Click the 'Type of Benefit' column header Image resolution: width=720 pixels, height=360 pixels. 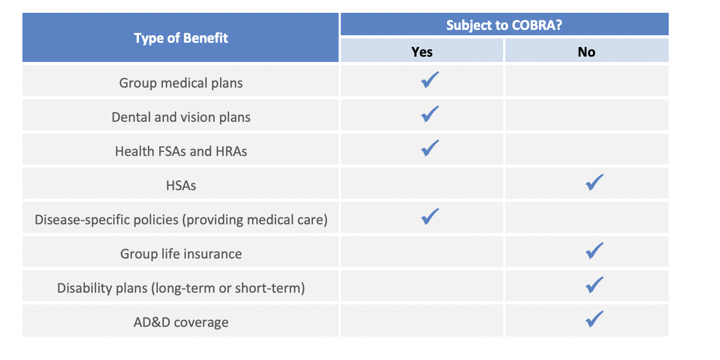[x=181, y=38]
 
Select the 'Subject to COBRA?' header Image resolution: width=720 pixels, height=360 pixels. [x=504, y=25]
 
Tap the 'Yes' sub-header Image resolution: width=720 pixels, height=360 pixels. [x=422, y=52]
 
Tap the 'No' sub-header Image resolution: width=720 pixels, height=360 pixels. [x=586, y=52]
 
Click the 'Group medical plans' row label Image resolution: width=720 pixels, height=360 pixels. [x=181, y=83]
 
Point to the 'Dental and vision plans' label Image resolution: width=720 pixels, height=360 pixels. [x=181, y=117]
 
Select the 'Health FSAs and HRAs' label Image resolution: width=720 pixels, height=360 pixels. [x=181, y=151]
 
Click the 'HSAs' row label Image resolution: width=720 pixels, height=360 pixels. [x=181, y=185]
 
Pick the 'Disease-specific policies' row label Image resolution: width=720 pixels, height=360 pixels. [x=181, y=220]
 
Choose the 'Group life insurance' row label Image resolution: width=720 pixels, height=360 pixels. [x=181, y=254]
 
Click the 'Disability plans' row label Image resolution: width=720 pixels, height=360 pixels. [x=181, y=288]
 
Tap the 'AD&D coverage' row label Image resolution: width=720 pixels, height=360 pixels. [x=181, y=322]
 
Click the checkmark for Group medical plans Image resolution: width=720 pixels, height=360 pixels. [x=429, y=80]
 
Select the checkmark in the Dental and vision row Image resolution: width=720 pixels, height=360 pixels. [x=429, y=114]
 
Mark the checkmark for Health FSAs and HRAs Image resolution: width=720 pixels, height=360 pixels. [x=429, y=148]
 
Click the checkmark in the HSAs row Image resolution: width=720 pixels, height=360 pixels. [x=594, y=183]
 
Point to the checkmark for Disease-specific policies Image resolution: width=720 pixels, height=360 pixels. [x=429, y=217]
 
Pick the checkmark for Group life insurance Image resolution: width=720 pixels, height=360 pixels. [x=594, y=251]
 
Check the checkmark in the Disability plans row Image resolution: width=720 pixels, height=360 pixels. [x=594, y=285]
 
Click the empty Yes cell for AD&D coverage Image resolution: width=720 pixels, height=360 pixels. [x=422, y=321]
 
